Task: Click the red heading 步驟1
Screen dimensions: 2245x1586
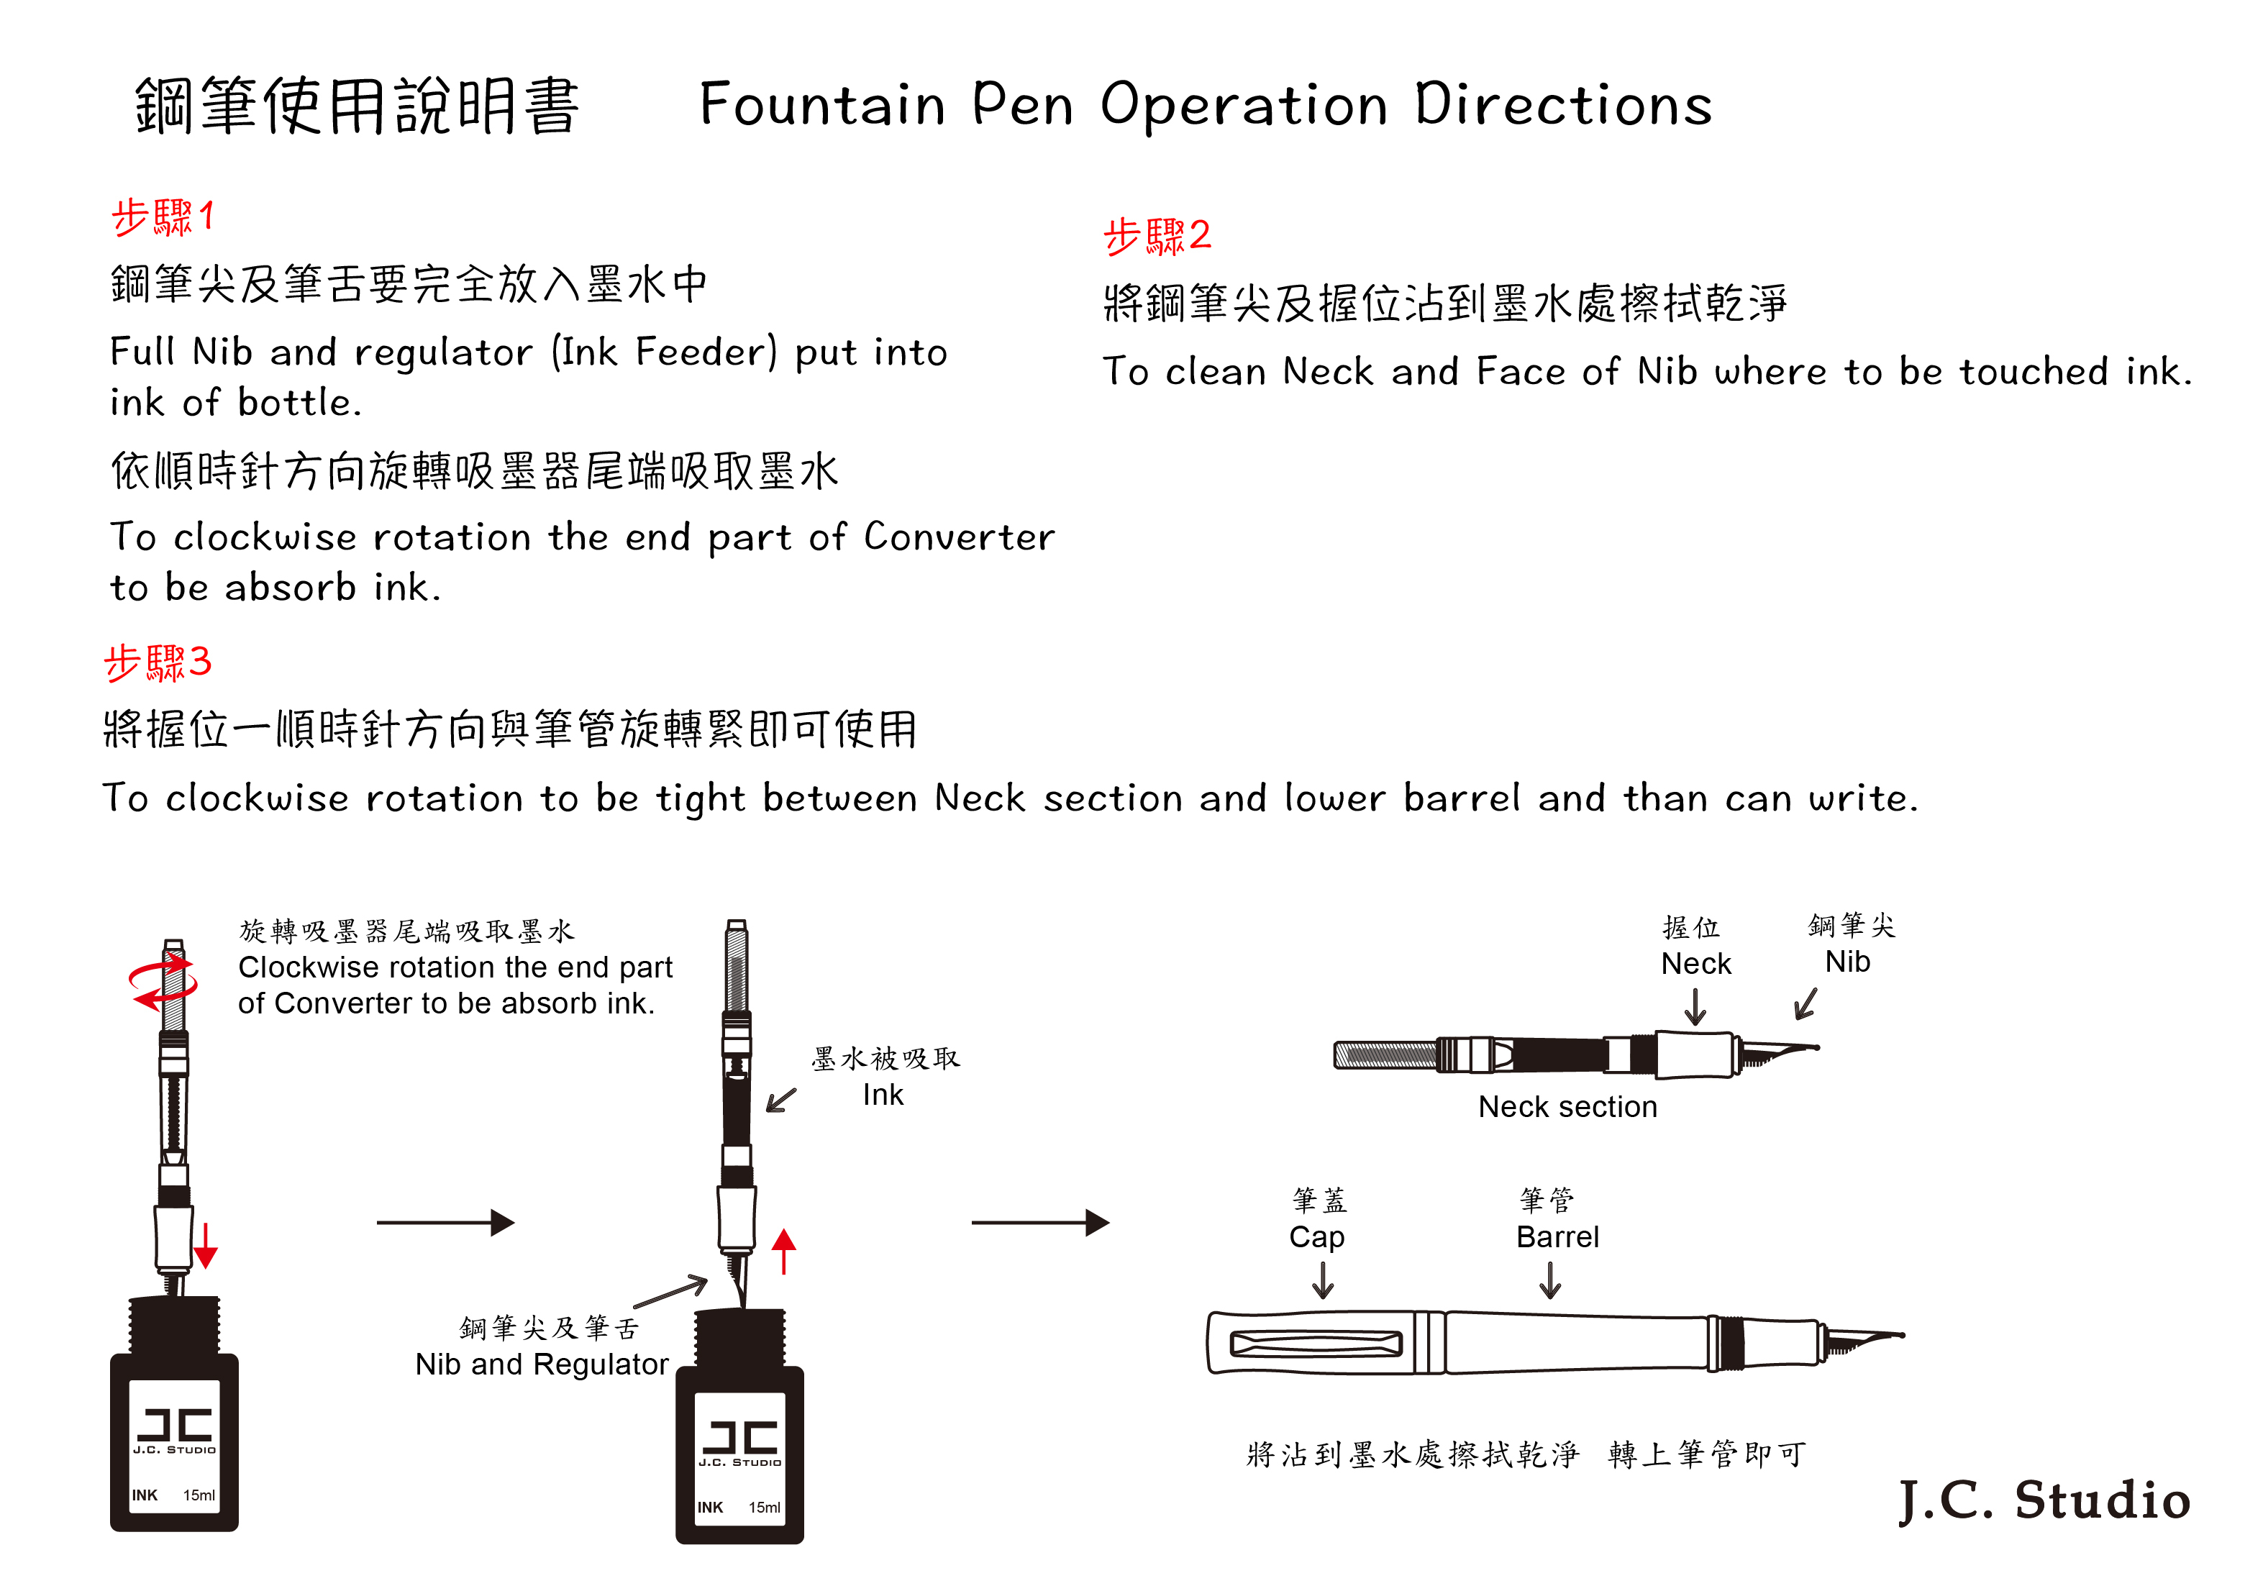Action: tap(163, 217)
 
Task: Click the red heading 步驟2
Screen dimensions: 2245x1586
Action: tap(1157, 237)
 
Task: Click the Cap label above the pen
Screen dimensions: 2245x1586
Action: tap(1316, 1237)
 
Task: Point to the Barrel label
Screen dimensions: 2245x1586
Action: tap(1557, 1237)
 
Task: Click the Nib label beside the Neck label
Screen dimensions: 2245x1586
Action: tap(1847, 962)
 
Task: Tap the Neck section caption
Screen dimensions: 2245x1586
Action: tap(1567, 1107)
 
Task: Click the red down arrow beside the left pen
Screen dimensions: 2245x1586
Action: tap(205, 1246)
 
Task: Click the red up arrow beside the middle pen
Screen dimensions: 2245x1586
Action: tap(783, 1252)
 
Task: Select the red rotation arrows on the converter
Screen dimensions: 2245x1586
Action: tap(163, 984)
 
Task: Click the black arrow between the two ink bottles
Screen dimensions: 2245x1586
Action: tap(446, 1222)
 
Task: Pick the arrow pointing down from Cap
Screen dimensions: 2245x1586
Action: tap(1323, 1280)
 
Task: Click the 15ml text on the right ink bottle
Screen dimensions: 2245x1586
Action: tap(765, 1508)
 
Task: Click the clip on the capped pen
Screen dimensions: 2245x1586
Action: tap(1316, 1344)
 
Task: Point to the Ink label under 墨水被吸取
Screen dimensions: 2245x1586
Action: tap(883, 1095)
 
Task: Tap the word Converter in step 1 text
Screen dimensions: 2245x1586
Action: tap(959, 537)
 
